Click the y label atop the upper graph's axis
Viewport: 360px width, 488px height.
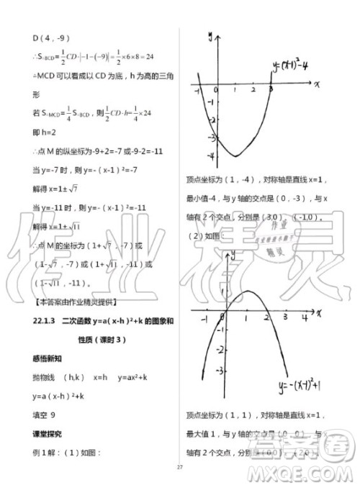pyautogui.click(x=210, y=35)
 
